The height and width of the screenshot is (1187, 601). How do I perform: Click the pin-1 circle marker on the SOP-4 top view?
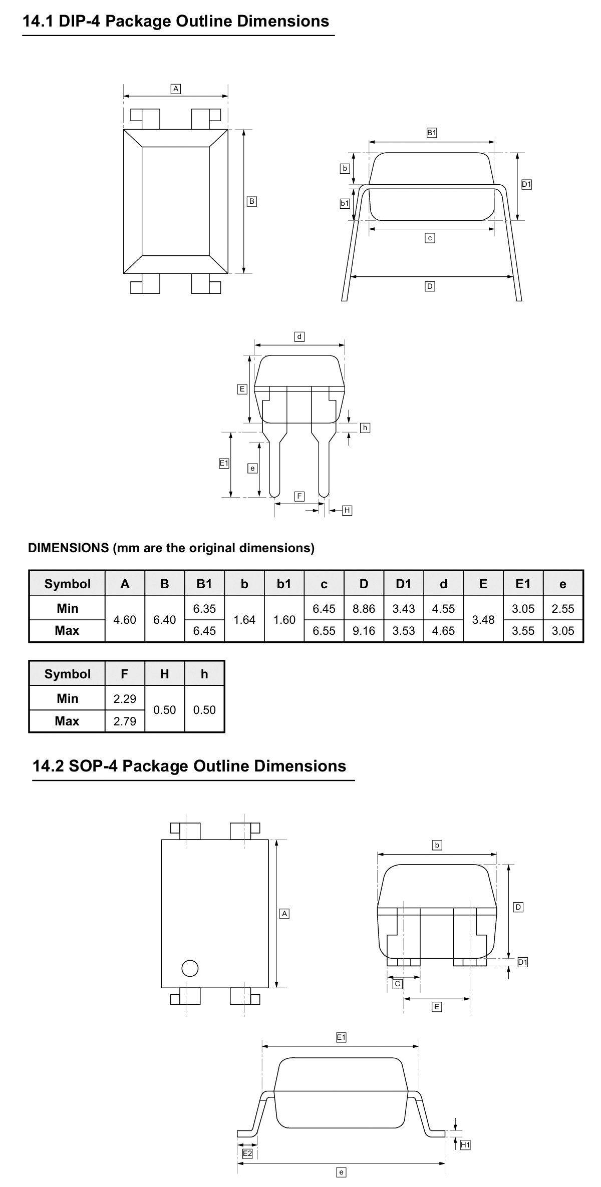click(190, 968)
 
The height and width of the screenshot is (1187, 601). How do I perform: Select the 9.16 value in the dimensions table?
click(364, 631)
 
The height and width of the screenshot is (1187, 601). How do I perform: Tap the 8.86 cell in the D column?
click(364, 608)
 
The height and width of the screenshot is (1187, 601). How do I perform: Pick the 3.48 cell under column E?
click(483, 619)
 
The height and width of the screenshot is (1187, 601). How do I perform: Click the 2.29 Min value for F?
click(125, 698)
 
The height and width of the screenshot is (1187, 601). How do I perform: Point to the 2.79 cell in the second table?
click(125, 721)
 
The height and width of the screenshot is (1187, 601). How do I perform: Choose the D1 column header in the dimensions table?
click(404, 584)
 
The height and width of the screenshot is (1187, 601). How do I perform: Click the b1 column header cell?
click(284, 584)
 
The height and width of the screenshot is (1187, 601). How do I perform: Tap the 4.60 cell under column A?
click(125, 619)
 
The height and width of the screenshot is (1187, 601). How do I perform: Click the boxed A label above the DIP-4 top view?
click(176, 89)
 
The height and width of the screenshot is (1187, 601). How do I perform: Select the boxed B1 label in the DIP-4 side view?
click(432, 133)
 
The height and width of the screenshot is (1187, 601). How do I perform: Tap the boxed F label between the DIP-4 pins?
click(299, 496)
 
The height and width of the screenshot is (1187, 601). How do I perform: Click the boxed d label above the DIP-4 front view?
click(299, 336)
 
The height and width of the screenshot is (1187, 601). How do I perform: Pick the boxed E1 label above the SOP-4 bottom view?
click(341, 1038)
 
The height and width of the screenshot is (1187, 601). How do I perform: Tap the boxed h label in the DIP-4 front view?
click(365, 428)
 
